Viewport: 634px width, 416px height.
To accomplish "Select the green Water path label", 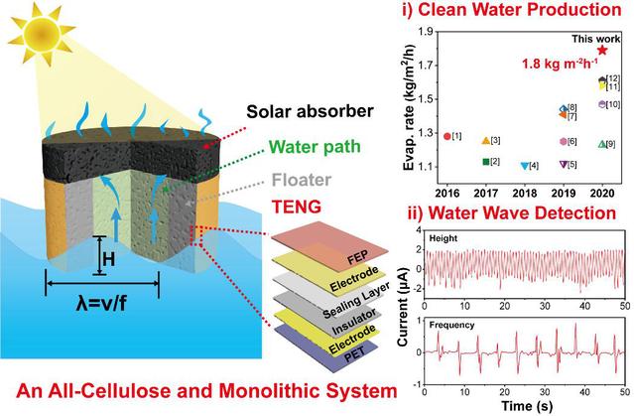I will click(x=293, y=150).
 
